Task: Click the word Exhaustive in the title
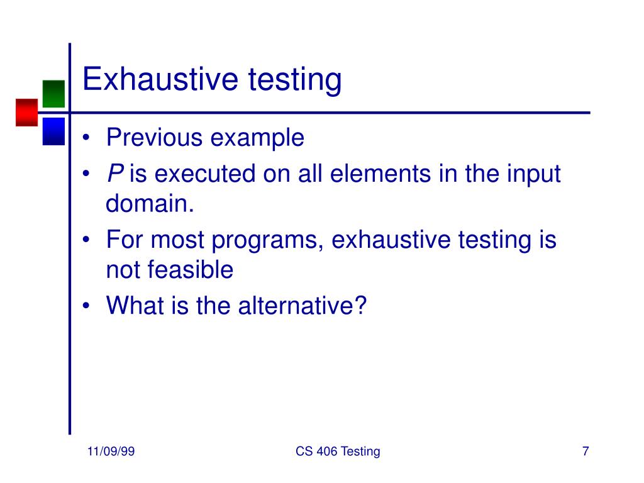(x=161, y=80)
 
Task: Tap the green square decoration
(x=53, y=93)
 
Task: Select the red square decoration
(x=27, y=113)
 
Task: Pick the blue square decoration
(x=53, y=131)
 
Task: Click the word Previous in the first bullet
(x=155, y=137)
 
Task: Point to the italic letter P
(x=114, y=174)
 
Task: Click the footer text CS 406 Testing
(x=337, y=452)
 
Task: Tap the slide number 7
(x=586, y=452)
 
